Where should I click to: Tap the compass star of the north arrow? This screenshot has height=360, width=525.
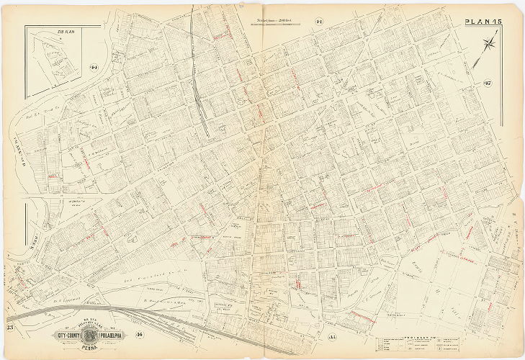[490, 45]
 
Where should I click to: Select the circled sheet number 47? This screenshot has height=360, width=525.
[487, 88]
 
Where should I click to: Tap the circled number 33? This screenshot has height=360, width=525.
[10, 329]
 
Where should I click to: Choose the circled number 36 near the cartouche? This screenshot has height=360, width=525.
[139, 333]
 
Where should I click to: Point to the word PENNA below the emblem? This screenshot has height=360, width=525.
[87, 346]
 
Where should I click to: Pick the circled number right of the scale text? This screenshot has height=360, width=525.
[318, 22]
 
